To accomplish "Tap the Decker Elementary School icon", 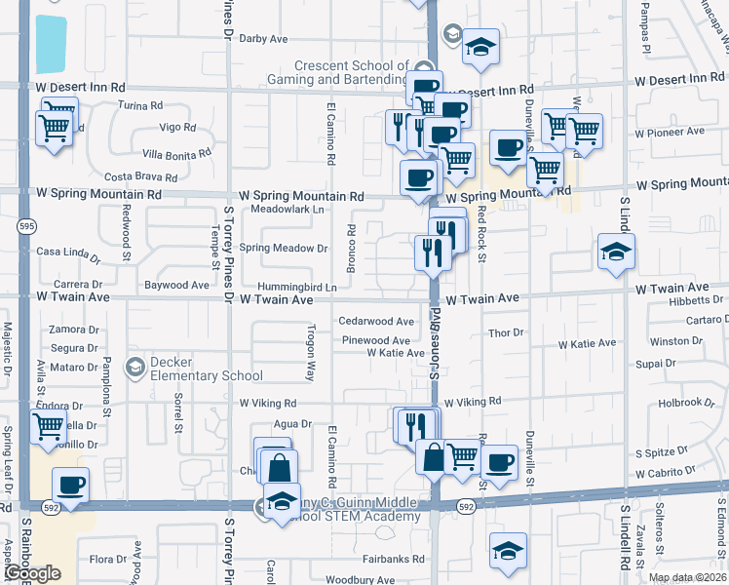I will click(135, 367).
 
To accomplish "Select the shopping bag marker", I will click(279, 467).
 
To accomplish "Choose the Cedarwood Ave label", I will click(376, 321).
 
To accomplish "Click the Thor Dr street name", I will click(507, 333).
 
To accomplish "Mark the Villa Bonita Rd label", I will click(176, 154).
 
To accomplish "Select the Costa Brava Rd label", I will click(140, 177).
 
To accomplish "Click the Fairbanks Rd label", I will click(393, 560).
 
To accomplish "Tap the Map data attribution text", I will click(687, 577).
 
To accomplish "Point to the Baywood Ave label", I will click(176, 286).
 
